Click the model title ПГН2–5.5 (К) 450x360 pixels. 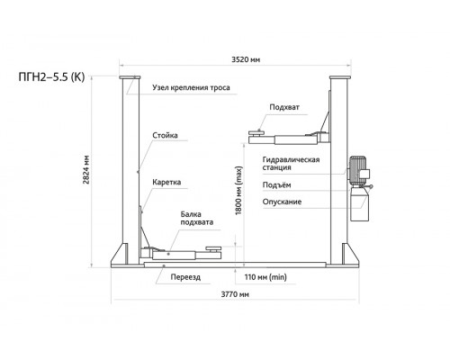[51, 77]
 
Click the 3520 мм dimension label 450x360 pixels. [246, 59]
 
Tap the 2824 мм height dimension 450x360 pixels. [86, 169]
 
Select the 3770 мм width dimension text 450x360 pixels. [235, 294]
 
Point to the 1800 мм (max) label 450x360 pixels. [238, 191]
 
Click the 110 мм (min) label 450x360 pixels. [265, 277]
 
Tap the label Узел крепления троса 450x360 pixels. [191, 87]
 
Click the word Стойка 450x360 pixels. [165, 135]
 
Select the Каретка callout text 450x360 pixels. [166, 183]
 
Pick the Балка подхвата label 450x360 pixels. [197, 219]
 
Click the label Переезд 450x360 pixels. [185, 277]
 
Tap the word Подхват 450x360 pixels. [284, 107]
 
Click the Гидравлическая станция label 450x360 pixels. [291, 164]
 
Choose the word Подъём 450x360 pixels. [276, 185]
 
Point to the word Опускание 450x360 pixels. [282, 202]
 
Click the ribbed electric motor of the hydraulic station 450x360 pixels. [357, 169]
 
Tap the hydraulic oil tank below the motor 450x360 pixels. [360, 205]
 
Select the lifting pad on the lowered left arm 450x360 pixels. [213, 248]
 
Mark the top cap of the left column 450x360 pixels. [130, 77]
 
